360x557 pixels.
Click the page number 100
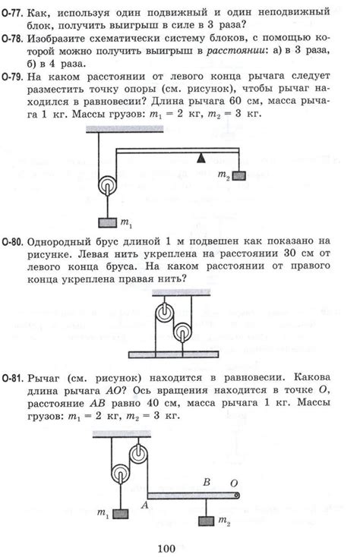coord(167,547)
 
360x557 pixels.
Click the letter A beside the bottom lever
coord(147,504)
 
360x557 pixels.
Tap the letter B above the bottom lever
coord(205,481)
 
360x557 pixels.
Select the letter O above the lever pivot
coord(233,482)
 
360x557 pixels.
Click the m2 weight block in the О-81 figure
coord(206,521)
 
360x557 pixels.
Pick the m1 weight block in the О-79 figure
coord(106,222)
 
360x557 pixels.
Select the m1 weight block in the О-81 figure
coord(119,513)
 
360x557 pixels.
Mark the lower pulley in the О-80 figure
coord(182,332)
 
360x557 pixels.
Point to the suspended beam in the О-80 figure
coord(175,353)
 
